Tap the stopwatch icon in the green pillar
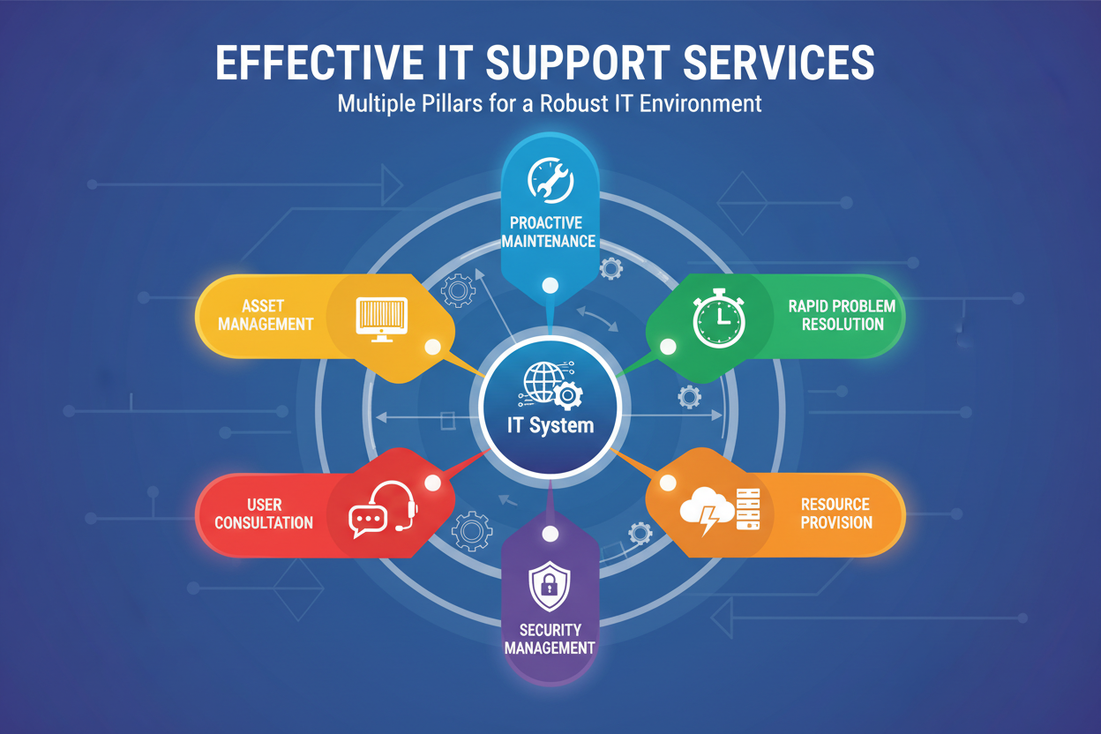718,318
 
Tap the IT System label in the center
550,425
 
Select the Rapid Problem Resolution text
842,315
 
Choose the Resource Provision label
835,513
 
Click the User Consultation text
264,513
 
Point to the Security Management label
550,639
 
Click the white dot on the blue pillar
550,285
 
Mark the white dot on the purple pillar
550,533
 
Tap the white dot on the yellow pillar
431,347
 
